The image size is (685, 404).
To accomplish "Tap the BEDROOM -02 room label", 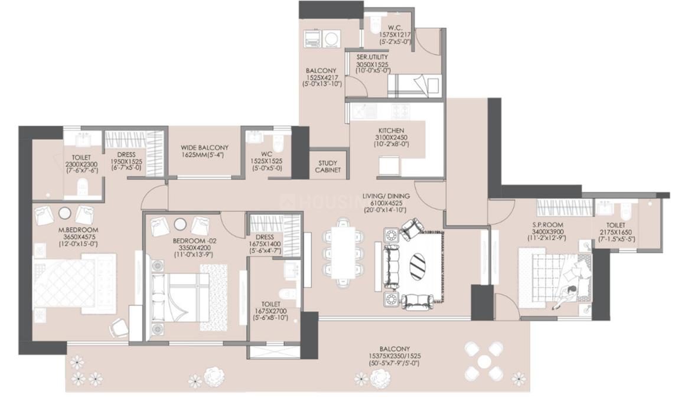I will point(193,242).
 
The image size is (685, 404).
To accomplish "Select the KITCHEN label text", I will point(391,131).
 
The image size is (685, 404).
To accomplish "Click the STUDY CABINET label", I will point(328,167).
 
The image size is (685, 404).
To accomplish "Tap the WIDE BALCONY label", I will point(204,148).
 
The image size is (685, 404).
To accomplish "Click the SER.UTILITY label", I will point(372,57).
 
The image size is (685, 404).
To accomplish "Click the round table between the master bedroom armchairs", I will point(65,214).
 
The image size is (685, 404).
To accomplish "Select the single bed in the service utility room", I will point(413,86).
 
